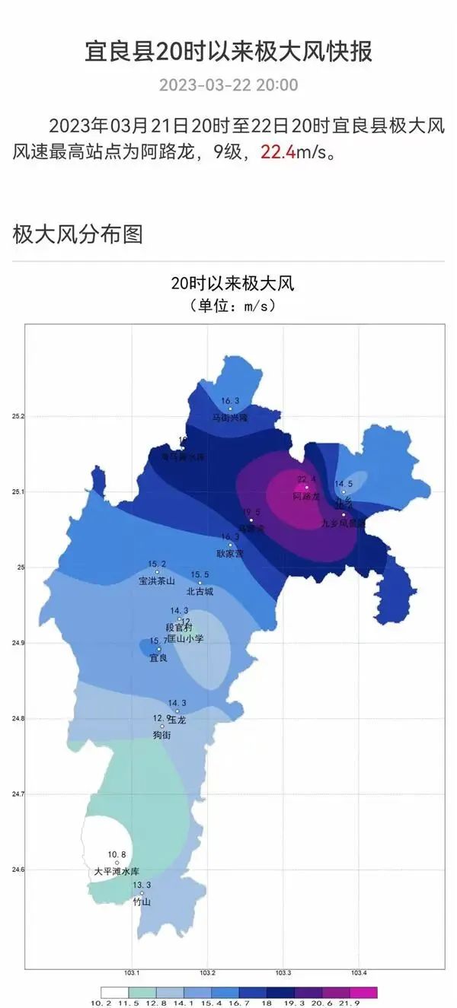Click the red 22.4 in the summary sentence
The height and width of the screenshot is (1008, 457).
278,152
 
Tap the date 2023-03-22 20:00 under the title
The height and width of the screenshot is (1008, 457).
228,85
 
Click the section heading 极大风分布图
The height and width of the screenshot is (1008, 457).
78,234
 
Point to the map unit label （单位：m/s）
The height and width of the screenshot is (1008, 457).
232,306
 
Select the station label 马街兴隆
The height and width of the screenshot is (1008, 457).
230,418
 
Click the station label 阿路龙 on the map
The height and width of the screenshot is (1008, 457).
307,496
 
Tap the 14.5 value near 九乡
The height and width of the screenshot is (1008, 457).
344,484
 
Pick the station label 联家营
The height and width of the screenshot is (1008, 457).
229,554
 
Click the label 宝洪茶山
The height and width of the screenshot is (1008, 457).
157,581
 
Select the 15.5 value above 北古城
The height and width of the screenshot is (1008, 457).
200,574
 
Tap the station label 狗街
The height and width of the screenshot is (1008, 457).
161,736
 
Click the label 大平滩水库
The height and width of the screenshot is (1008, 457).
117,872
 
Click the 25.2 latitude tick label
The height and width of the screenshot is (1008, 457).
18,417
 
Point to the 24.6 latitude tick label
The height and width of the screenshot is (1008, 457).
18,870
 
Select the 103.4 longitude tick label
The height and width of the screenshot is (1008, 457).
359,974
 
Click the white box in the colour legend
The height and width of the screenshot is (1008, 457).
114,992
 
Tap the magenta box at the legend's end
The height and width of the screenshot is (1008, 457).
364,992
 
